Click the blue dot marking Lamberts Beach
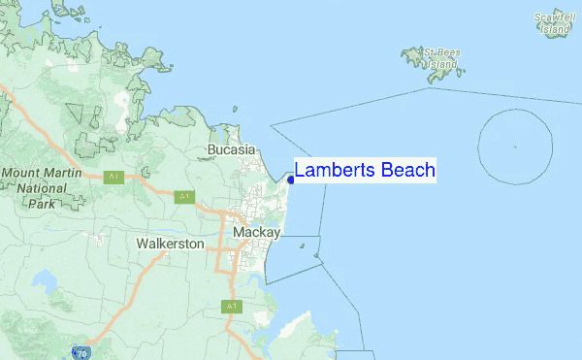(x=291, y=179)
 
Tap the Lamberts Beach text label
(x=364, y=171)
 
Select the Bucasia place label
(x=231, y=150)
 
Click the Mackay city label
(x=256, y=233)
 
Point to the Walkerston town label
(x=170, y=244)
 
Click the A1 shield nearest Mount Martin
(x=113, y=176)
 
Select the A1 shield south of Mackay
(x=231, y=307)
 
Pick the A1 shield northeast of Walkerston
(x=184, y=197)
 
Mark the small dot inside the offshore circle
(x=515, y=147)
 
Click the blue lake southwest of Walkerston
(x=45, y=282)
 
